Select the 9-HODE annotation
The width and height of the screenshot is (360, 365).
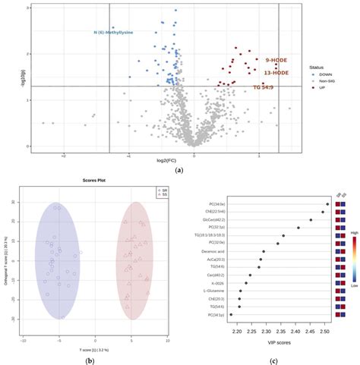[x=276, y=59]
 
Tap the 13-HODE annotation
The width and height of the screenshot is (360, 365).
[x=276, y=73]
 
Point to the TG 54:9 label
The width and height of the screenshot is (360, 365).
[x=266, y=88]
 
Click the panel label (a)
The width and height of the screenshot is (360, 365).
[x=179, y=172]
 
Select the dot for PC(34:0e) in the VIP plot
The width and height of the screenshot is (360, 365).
[x=327, y=203]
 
